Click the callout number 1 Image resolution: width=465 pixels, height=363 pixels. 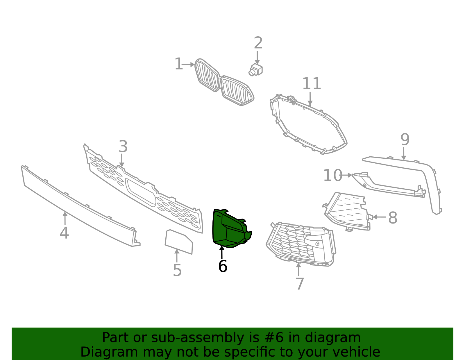point(178,64)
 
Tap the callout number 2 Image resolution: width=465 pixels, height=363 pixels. point(258,43)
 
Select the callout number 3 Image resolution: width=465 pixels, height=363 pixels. point(123,147)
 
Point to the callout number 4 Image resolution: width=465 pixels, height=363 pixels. point(64,233)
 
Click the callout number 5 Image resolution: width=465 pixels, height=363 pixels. point(177,271)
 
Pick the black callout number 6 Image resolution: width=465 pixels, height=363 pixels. point(223,266)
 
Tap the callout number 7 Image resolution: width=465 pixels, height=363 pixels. point(300,284)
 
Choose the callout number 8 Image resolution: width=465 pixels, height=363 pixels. point(393,218)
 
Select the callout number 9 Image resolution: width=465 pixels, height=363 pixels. point(405,140)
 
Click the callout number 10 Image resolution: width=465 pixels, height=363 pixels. point(333,176)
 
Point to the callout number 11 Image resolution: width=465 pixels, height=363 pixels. point(312,84)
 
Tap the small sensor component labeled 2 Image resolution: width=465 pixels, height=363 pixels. point(255,70)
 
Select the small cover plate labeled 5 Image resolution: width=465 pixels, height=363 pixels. point(179,241)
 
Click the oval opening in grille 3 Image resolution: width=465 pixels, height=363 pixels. point(141,192)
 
